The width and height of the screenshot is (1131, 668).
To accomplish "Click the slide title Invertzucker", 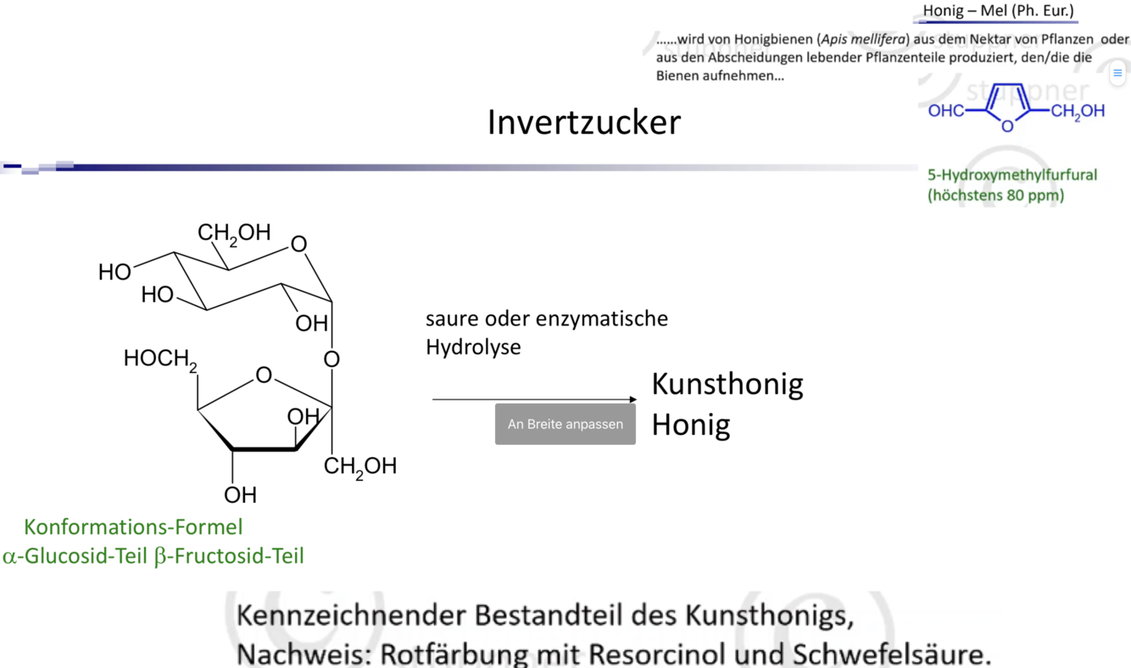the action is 583,123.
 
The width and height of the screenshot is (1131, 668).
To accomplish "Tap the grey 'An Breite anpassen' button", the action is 565,424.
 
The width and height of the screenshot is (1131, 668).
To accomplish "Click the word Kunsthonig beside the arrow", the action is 727,384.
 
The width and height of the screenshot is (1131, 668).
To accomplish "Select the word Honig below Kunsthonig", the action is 690,424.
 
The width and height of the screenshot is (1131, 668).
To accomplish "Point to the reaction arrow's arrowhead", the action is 632,399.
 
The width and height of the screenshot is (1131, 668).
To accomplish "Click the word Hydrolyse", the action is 473,347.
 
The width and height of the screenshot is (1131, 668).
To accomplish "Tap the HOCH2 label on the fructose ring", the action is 160,359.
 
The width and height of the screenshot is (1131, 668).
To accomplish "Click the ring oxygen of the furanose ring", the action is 264,375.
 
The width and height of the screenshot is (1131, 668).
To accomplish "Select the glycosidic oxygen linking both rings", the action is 331,359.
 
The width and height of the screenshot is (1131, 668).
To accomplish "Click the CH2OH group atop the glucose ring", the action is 234,232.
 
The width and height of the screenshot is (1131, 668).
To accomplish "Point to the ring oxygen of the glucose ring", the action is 298,245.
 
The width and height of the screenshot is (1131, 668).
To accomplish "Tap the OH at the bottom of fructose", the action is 240,494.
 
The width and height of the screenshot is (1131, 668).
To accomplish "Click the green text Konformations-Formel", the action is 133,526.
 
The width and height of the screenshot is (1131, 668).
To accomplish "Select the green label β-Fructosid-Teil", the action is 229,556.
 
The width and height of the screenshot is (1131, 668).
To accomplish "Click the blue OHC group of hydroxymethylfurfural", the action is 945,111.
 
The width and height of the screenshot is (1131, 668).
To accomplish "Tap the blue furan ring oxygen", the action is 1006,127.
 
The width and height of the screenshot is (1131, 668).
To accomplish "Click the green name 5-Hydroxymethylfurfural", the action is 1011,175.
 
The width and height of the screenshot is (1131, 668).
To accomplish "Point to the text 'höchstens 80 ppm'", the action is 995,196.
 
